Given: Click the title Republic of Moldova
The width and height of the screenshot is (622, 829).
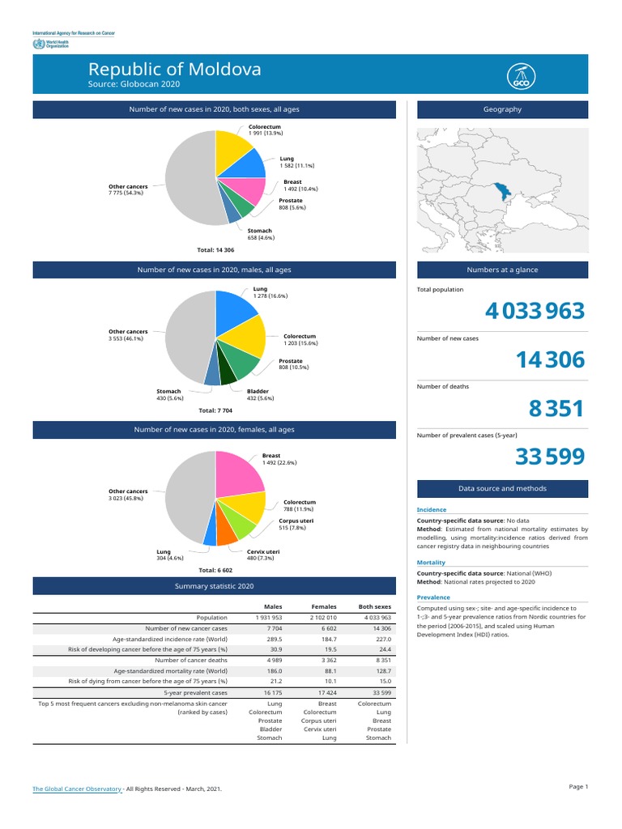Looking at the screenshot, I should (174, 70).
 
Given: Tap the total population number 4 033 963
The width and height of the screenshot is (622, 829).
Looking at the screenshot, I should (535, 311).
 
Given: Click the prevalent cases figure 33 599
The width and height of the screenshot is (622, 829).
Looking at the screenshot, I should (549, 458).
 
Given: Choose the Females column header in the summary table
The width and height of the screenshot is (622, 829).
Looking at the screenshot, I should (324, 606).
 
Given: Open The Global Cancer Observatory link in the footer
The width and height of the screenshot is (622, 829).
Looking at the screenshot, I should (77, 788).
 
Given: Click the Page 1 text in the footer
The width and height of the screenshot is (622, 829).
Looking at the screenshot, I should (578, 787).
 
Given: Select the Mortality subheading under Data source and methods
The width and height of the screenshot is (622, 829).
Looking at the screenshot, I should (431, 562).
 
